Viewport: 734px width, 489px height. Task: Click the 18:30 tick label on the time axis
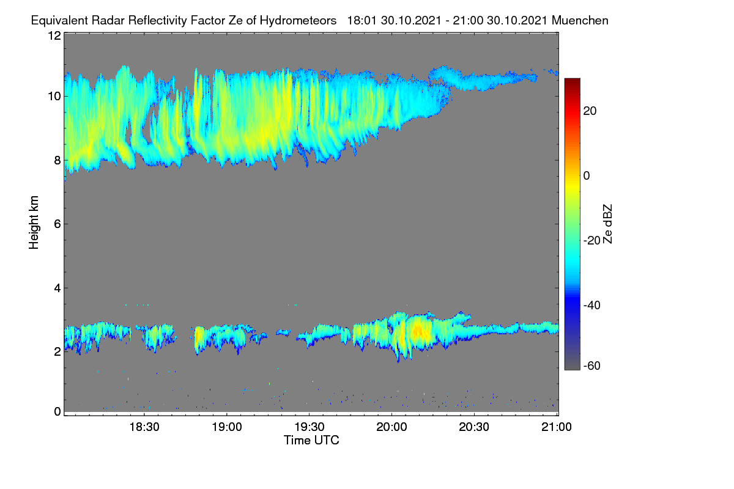click(x=144, y=427)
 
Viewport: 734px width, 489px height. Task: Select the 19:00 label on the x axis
click(x=227, y=427)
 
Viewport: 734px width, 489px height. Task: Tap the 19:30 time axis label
click(x=310, y=427)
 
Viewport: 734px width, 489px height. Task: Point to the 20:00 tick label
click(x=391, y=427)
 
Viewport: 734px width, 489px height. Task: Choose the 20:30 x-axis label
click(x=474, y=427)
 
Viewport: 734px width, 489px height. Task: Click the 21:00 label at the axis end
click(x=557, y=427)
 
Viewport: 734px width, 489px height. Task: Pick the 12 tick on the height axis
click(x=54, y=35)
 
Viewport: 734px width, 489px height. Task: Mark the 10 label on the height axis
click(x=54, y=97)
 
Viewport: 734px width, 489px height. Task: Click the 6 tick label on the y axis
click(x=57, y=224)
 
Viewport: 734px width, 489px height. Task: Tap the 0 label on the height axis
click(x=57, y=412)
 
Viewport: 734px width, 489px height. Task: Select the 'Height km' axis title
click(x=34, y=222)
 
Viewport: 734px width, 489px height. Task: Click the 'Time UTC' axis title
click(x=311, y=441)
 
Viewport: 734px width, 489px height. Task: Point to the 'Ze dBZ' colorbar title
click(x=607, y=224)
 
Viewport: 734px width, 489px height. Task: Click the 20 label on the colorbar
click(x=590, y=111)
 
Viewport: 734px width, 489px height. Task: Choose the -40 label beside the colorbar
click(x=592, y=305)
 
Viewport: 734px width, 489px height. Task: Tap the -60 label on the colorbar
click(x=592, y=366)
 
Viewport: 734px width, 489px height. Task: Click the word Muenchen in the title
click(x=580, y=21)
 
